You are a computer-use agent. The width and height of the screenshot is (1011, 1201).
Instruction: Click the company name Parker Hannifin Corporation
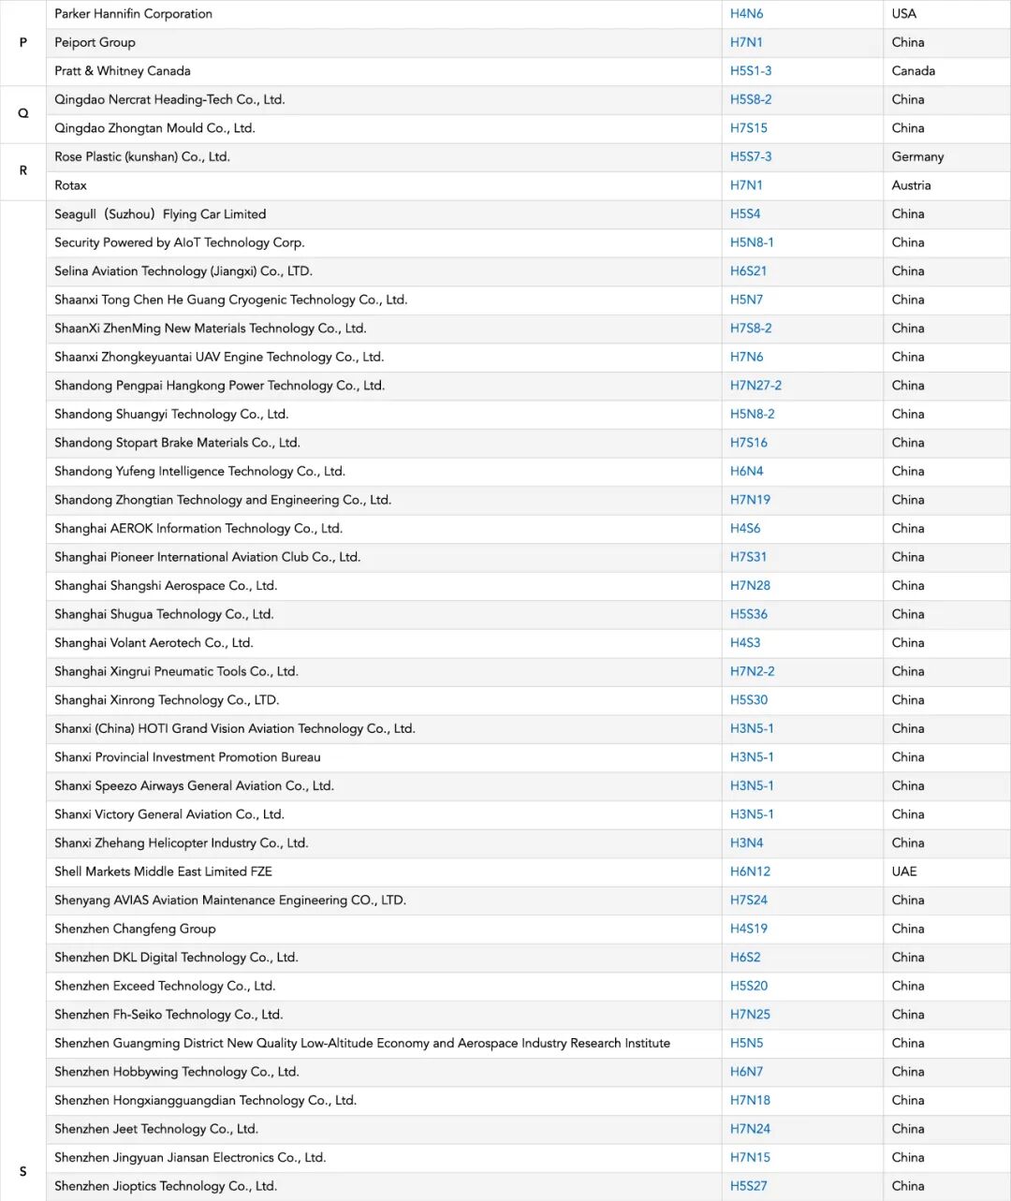[133, 14]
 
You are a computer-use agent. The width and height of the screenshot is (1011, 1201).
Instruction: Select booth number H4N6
[746, 14]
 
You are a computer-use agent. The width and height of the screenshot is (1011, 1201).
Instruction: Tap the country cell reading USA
[903, 14]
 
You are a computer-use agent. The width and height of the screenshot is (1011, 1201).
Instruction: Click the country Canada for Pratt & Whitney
[913, 71]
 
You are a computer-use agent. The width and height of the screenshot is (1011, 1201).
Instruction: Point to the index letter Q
[23, 113]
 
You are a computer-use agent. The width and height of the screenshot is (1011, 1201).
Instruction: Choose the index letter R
[23, 170]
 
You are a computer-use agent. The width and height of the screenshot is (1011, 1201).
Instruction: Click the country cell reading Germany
[917, 157]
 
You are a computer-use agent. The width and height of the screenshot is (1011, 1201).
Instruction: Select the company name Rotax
[70, 185]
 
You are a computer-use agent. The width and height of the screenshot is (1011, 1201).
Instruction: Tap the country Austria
[911, 185]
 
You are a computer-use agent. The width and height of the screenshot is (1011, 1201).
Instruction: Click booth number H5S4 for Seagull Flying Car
[745, 214]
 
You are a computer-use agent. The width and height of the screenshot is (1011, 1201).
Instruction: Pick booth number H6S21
[748, 271]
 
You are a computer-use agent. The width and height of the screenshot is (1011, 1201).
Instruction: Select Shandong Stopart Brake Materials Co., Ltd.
[177, 443]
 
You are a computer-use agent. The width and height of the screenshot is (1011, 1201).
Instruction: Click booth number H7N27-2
[755, 386]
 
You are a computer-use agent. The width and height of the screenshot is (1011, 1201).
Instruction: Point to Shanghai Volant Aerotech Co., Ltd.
[154, 643]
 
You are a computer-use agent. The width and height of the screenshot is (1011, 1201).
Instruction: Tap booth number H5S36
[748, 614]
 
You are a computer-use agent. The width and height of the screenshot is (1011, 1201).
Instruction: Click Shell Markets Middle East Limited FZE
[163, 871]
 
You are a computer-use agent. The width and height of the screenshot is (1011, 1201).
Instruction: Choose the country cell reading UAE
[904, 871]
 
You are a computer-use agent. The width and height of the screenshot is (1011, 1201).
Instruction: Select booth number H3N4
[746, 843]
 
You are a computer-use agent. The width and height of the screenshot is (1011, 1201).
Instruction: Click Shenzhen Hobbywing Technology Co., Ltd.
[176, 1072]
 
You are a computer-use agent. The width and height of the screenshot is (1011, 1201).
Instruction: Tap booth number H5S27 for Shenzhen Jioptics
[748, 1186]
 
